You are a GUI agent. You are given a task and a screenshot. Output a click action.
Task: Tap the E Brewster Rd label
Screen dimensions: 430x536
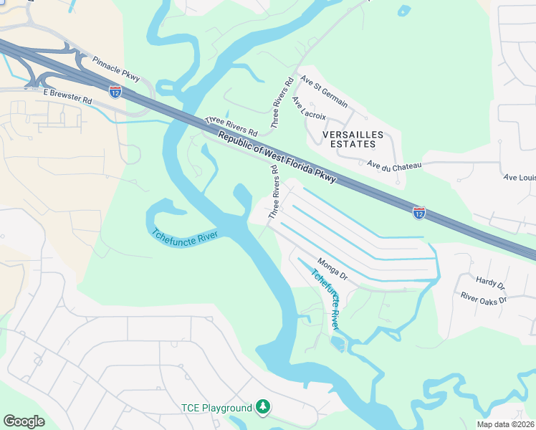point(67,97)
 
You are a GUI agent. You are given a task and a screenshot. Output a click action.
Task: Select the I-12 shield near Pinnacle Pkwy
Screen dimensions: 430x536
point(115,90)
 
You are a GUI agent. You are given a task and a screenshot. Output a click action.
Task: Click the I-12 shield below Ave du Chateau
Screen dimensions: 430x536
point(419,212)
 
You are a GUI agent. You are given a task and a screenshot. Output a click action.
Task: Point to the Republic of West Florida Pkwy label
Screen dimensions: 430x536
point(277,157)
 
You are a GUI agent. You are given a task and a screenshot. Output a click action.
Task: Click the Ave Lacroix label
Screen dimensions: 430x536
point(310,109)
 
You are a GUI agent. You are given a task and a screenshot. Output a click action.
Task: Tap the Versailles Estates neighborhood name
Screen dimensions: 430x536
point(353,139)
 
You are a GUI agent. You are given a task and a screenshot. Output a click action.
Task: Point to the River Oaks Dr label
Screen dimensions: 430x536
point(484,297)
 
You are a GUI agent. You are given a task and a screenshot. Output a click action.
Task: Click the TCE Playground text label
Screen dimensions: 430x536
point(216,408)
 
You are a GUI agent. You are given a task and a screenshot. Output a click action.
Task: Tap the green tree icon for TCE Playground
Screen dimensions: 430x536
point(264,407)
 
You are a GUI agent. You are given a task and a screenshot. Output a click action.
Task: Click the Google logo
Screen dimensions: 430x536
point(24,421)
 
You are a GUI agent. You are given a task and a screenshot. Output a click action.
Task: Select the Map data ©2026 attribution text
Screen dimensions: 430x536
point(506,424)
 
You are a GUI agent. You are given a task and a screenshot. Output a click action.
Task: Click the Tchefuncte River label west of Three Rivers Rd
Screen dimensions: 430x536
point(185,236)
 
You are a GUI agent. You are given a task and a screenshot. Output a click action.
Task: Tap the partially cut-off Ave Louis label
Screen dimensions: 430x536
point(520,177)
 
